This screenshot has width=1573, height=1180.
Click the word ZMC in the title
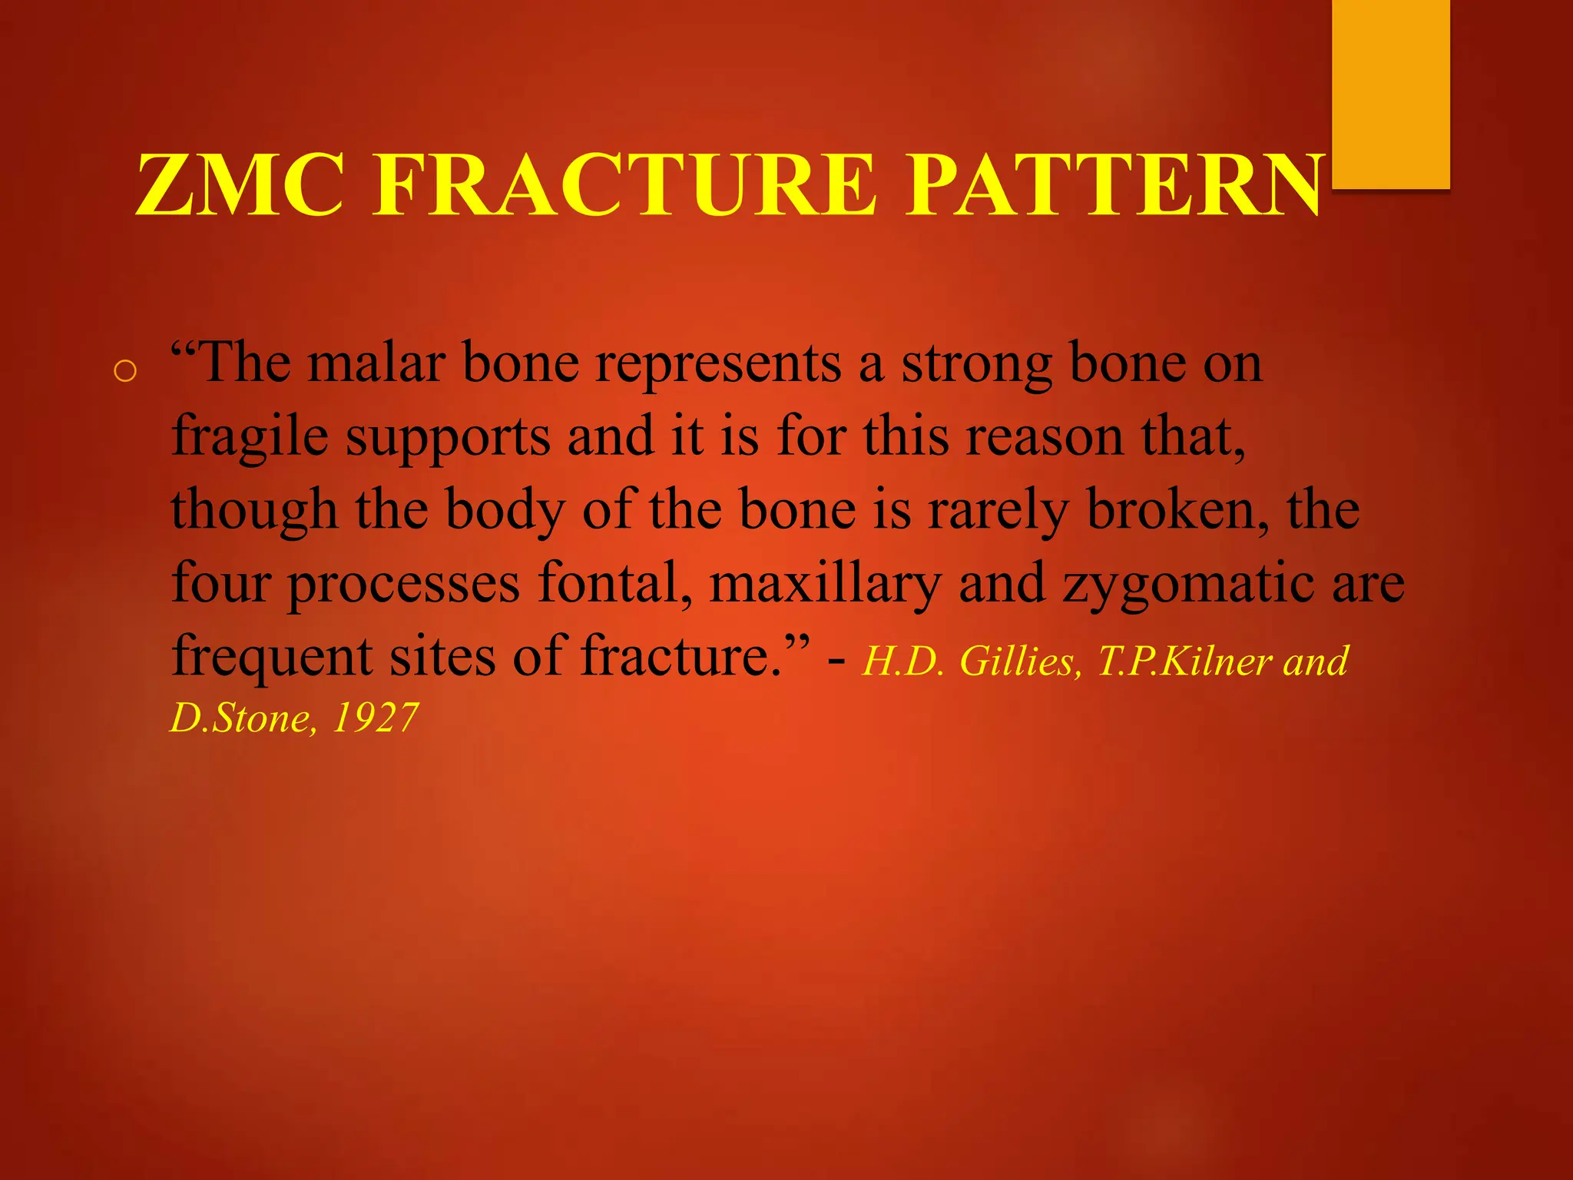click(240, 185)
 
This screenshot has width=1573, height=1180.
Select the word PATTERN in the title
click(1114, 185)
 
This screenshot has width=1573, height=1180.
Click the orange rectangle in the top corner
click(1390, 92)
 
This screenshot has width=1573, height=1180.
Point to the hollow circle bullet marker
click(124, 372)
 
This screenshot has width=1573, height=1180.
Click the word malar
click(376, 363)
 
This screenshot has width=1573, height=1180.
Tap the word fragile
click(250, 436)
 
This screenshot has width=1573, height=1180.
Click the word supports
click(448, 436)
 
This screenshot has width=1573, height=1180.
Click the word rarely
click(998, 509)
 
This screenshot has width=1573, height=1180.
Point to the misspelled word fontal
click(614, 582)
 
